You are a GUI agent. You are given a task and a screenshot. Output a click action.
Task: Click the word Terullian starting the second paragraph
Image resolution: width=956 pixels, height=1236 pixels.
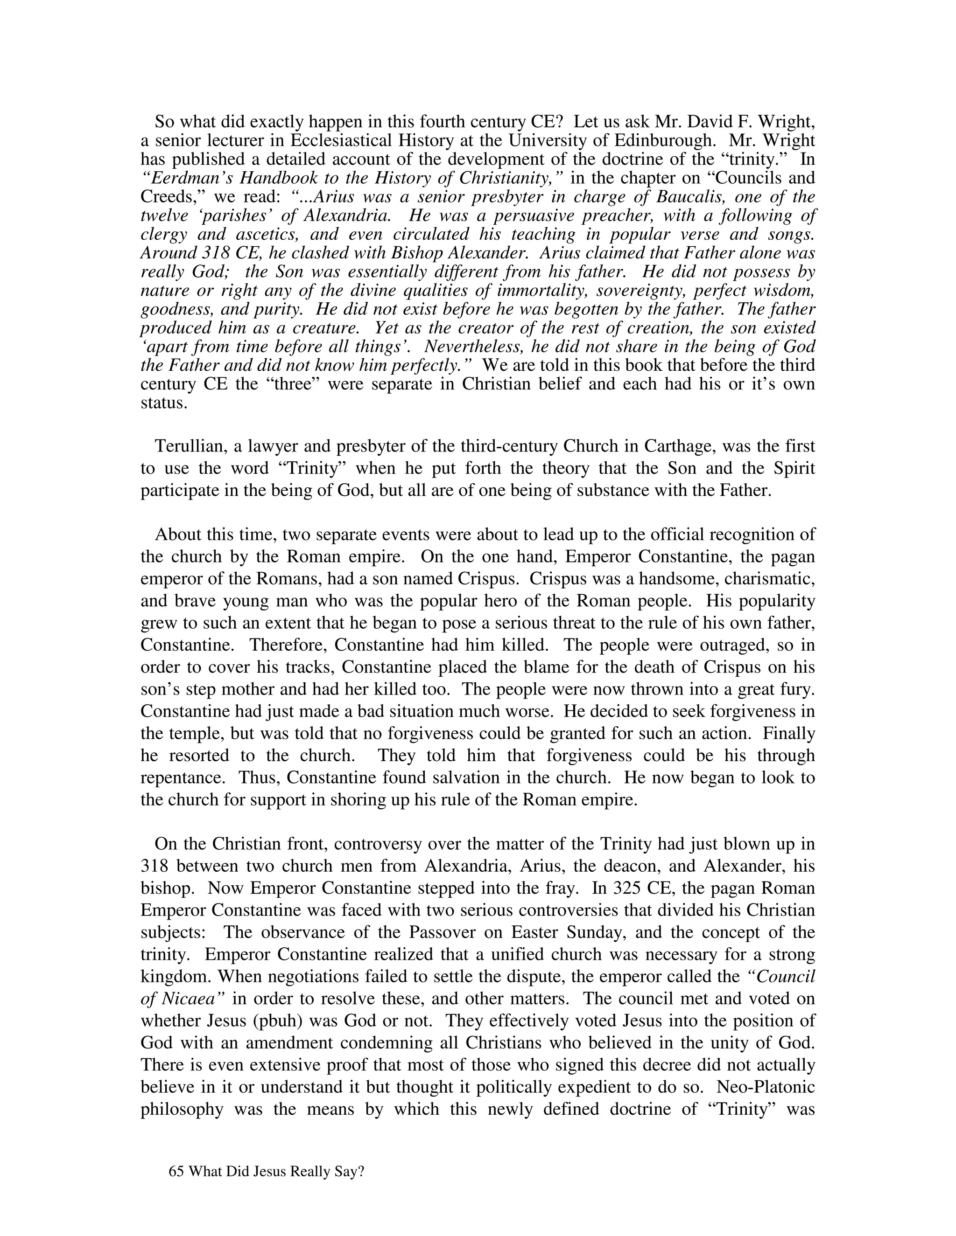[191, 446]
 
